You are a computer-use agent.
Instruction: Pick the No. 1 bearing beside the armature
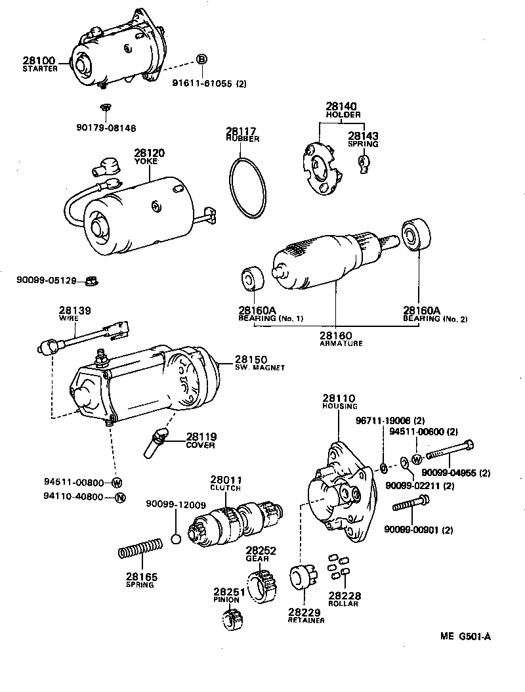[251, 278]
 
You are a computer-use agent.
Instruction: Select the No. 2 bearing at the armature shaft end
[417, 234]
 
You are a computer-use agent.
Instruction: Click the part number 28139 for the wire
[74, 310]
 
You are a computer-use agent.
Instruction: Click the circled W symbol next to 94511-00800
[117, 483]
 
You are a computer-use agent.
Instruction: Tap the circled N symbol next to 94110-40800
[119, 497]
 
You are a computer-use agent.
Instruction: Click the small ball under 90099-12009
[175, 540]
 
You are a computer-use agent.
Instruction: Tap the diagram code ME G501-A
[465, 636]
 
